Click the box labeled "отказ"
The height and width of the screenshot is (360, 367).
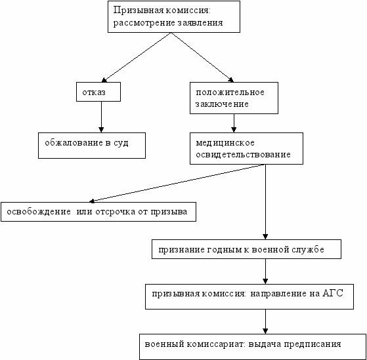[x=98, y=92]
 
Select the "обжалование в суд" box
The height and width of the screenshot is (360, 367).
[x=92, y=146]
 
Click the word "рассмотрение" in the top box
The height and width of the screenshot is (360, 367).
[x=144, y=23]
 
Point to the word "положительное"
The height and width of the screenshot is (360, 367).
[x=230, y=92]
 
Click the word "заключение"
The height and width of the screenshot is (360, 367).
[x=222, y=104]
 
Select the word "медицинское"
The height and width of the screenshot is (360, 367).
[x=225, y=143]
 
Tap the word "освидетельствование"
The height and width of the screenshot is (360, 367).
[x=243, y=155]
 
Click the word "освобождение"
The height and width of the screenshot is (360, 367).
[x=39, y=212]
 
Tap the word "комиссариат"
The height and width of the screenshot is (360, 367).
[x=216, y=344]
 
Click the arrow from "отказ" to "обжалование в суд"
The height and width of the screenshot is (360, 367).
[x=101, y=117]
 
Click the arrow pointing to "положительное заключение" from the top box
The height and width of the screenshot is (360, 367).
[x=203, y=57]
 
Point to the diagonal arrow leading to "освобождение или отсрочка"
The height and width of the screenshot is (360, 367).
[x=177, y=183]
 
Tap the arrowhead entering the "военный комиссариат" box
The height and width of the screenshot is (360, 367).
[x=265, y=331]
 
